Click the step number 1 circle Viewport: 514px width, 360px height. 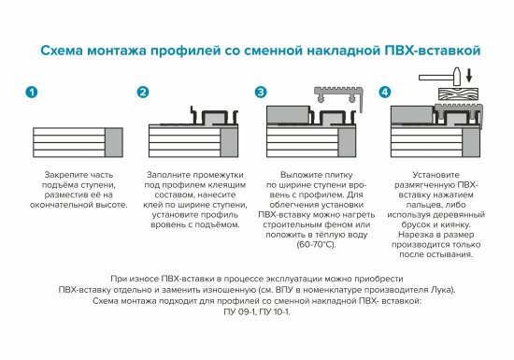(33, 93)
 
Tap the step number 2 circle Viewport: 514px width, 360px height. (143, 93)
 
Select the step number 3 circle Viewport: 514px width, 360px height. (261, 93)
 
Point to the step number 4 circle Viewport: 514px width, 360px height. (385, 93)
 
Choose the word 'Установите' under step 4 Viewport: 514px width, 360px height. (435, 174)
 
